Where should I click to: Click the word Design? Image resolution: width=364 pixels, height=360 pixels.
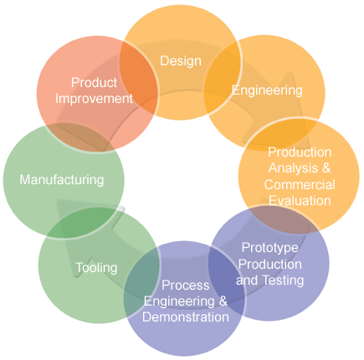click(181, 61)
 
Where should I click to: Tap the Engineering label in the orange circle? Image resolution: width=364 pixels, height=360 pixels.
click(267, 90)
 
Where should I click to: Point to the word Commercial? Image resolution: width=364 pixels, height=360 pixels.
click(300, 184)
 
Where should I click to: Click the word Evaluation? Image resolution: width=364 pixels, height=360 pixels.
click(300, 201)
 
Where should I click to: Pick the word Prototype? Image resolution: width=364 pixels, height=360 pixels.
click(270, 248)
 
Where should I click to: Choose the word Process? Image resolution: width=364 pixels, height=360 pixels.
click(186, 285)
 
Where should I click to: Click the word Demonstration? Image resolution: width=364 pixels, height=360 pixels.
click(186, 317)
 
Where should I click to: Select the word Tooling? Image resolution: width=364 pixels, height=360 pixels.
click(96, 268)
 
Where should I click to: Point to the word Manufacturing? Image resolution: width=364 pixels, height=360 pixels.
click(62, 180)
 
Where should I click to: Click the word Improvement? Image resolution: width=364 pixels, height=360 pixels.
click(94, 99)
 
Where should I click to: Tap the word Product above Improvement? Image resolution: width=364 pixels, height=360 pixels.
click(94, 83)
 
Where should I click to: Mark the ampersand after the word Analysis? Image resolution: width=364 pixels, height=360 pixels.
click(326, 168)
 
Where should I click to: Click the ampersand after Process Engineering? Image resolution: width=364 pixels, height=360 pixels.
click(223, 301)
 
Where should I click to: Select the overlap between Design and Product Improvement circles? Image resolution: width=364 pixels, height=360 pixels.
click(139, 77)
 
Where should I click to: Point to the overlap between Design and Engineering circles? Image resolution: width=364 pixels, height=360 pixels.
click(223, 79)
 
